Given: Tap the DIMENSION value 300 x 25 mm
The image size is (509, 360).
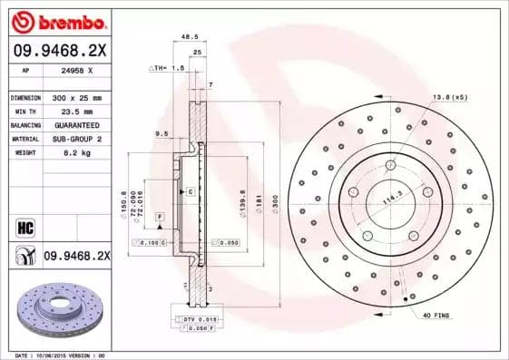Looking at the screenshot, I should pyautogui.click(x=75, y=97).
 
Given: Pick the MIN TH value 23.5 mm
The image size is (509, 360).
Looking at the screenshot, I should pyautogui.click(x=70, y=111).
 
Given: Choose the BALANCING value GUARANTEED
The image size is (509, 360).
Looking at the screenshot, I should pyautogui.click(x=75, y=124).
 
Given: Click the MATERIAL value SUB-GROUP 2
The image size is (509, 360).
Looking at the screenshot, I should pyautogui.click(x=75, y=139).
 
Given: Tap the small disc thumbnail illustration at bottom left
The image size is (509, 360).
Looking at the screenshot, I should pyautogui.click(x=57, y=313).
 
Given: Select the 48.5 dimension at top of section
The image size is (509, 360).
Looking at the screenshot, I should pyautogui.click(x=191, y=37).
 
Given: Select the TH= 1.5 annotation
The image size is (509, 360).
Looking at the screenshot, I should pyautogui.click(x=167, y=69).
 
